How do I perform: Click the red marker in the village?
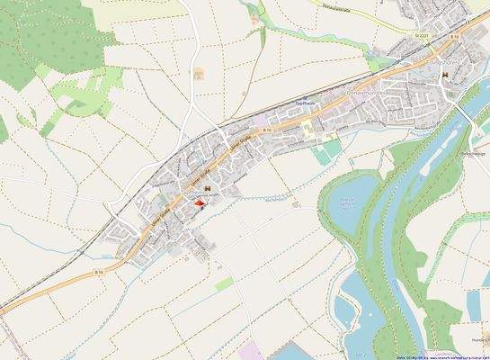tap(199, 204)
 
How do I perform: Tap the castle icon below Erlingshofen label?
tap(442, 76)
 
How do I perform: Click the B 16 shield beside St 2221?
tap(456, 36)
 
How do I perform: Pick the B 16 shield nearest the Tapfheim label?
tap(267, 131)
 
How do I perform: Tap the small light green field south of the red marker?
tap(223, 283)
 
